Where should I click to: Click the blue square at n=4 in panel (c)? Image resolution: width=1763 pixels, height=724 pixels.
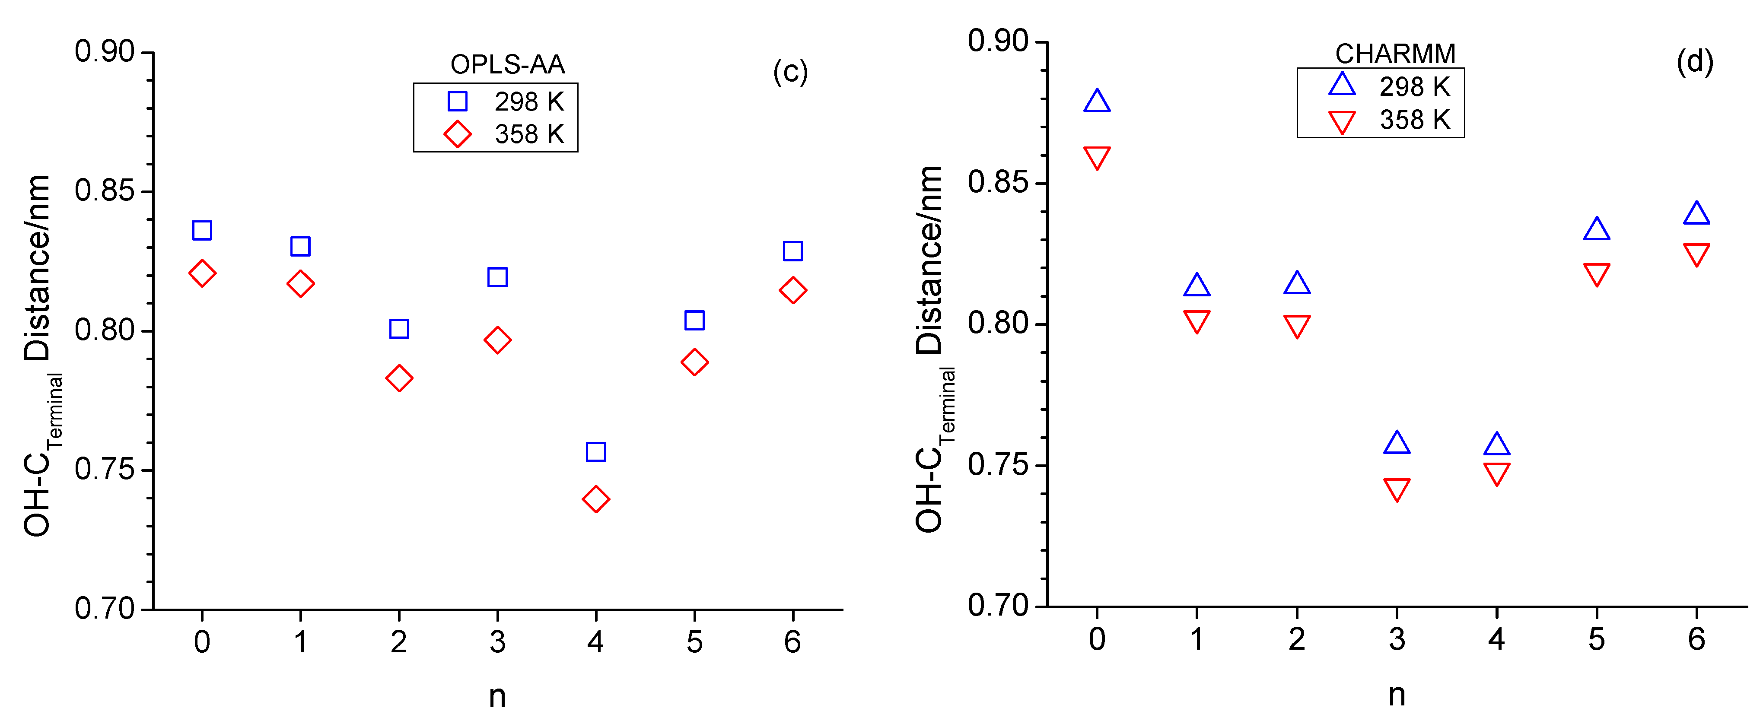(595, 452)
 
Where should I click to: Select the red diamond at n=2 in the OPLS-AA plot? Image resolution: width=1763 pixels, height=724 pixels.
(399, 378)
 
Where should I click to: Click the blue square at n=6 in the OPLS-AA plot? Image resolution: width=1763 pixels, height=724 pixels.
(792, 251)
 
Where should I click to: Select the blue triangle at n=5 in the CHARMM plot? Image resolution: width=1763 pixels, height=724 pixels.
(1597, 230)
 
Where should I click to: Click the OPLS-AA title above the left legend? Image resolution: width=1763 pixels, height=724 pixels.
(507, 64)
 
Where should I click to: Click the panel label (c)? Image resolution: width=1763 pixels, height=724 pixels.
(790, 72)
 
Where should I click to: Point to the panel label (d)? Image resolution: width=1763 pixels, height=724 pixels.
(1695, 62)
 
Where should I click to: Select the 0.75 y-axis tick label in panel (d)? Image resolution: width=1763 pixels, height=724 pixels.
(998, 465)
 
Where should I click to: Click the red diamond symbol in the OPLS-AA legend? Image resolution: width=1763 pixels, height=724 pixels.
(457, 134)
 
